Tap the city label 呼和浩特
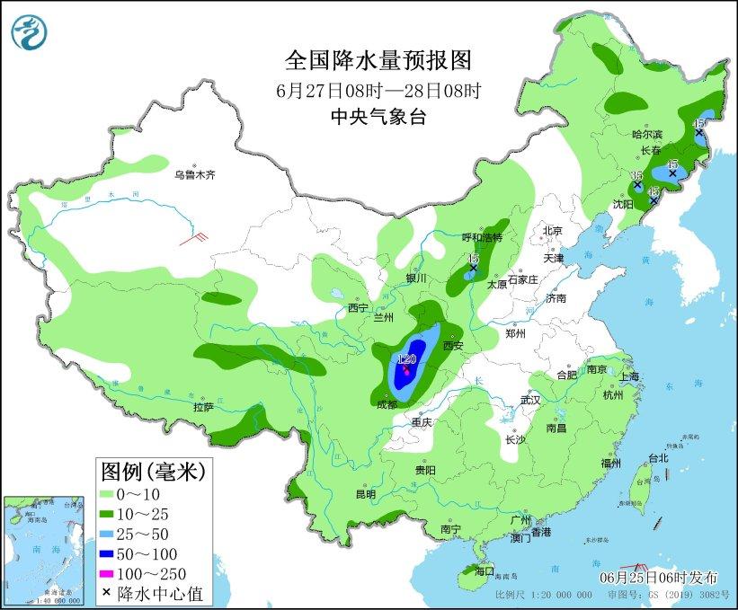click(481, 237)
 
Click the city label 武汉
click(531, 400)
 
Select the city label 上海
click(628, 376)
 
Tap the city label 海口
click(485, 570)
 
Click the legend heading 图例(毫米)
click(152, 470)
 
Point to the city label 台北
click(658, 457)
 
